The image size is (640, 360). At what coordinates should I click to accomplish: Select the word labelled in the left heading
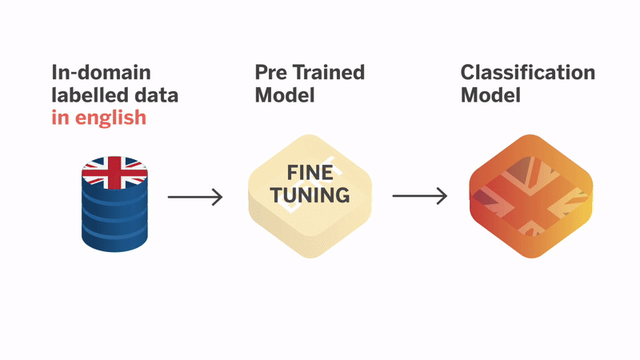pos(85,96)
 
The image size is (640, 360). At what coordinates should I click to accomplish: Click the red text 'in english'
pos(98,118)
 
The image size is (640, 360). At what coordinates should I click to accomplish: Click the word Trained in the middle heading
pos(330,73)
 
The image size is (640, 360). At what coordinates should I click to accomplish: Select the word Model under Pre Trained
pos(284,96)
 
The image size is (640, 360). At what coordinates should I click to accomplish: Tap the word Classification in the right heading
pos(528,73)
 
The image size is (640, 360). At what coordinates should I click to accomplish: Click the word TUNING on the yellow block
pos(310,194)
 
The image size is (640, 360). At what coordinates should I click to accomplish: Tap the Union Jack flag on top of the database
pos(114,170)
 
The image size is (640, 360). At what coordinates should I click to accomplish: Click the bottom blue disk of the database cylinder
pos(114,239)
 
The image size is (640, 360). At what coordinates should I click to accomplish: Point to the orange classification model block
pos(530,197)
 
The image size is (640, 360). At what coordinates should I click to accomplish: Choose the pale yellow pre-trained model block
pos(310,197)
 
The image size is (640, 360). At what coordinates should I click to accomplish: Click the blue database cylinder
pos(114,208)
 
